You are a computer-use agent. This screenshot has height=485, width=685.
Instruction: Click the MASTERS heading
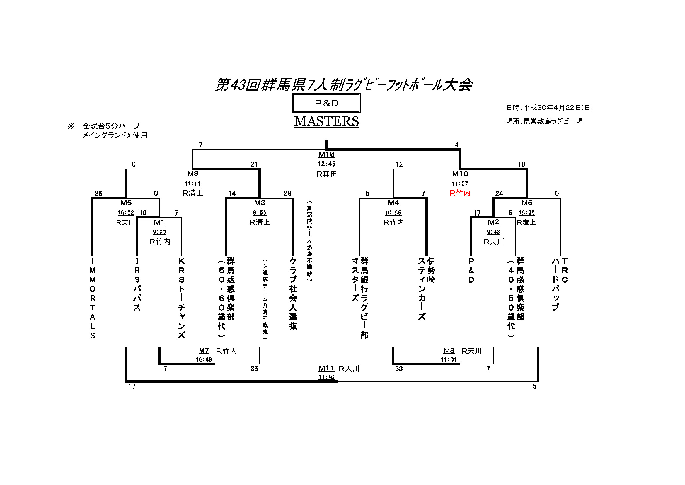[x=326, y=121]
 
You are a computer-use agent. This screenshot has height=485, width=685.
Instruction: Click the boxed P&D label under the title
[x=326, y=103]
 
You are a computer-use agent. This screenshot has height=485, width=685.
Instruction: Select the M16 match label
[x=326, y=155]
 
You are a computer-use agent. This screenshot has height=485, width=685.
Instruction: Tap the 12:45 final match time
[x=326, y=164]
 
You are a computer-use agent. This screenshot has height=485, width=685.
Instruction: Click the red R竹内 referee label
[x=460, y=193]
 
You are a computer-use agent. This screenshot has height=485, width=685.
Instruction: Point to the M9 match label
[x=193, y=174]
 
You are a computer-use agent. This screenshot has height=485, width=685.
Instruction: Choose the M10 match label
[x=460, y=174]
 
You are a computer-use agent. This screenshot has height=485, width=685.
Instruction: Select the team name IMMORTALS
[x=93, y=298]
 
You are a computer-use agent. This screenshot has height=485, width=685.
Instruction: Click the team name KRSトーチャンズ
[x=181, y=298]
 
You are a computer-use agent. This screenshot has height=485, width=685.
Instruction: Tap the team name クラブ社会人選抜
[x=293, y=293]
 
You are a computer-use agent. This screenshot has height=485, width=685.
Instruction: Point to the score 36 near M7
[x=254, y=369]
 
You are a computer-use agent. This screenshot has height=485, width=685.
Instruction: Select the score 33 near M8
[x=398, y=369]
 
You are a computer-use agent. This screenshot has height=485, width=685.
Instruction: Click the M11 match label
[x=326, y=368]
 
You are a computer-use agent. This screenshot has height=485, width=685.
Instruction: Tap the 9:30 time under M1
[x=159, y=232]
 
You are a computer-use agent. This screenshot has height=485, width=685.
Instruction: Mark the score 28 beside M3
[x=287, y=194]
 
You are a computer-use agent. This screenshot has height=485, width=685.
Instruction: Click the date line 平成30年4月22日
[x=549, y=108]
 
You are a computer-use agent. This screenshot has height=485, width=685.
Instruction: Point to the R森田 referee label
[x=326, y=174]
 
